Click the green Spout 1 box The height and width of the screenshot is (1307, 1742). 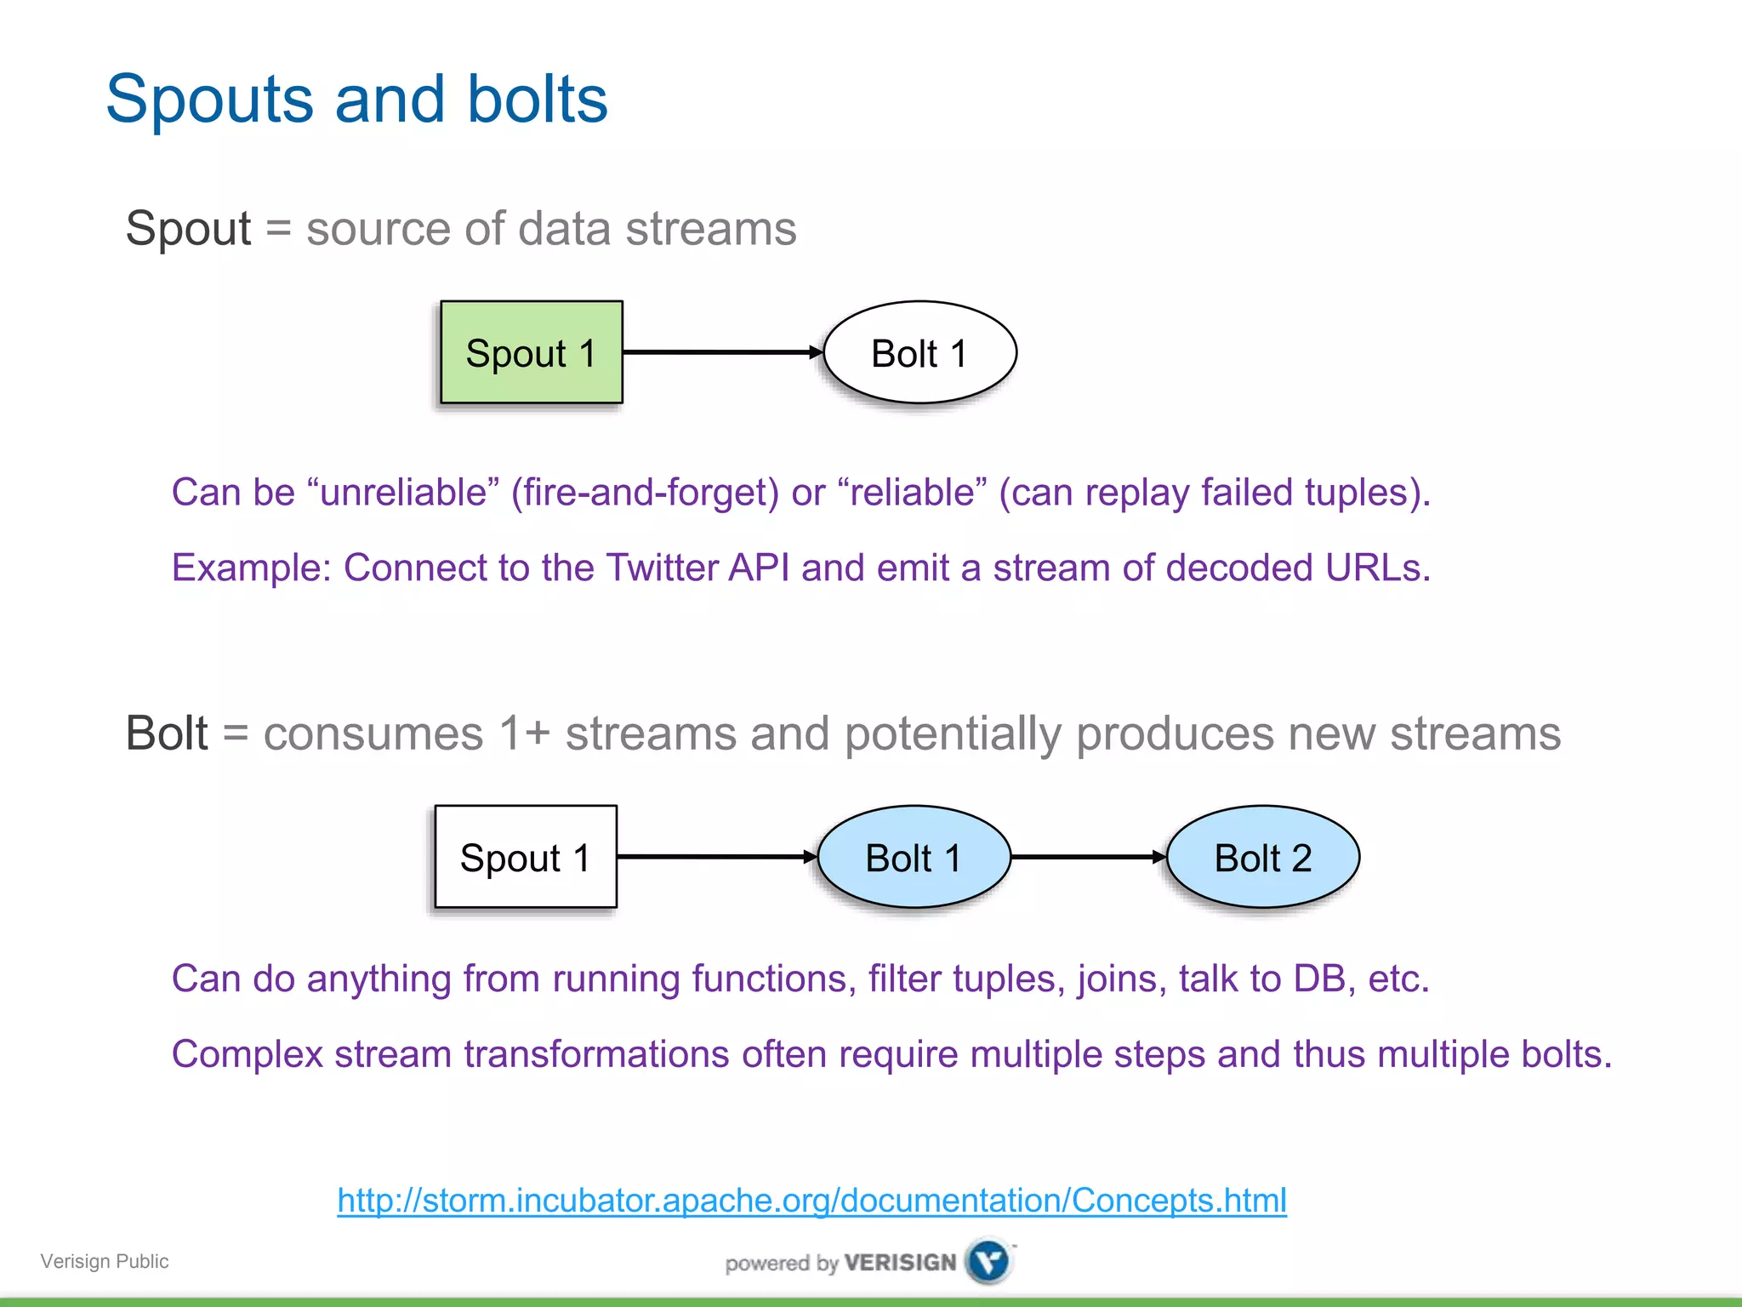532,352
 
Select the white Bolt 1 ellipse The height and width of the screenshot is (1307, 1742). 919,352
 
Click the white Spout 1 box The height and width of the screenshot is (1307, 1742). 526,857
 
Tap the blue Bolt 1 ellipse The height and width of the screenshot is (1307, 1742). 914,857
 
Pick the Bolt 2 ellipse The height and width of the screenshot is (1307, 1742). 1263,857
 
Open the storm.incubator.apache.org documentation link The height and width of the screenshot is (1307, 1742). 811,1201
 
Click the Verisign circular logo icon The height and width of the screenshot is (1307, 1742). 989,1261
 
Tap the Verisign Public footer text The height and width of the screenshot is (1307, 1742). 105,1261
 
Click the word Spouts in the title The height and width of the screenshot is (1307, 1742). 209,100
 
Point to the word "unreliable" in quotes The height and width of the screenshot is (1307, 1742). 404,493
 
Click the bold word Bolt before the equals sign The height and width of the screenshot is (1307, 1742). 167,733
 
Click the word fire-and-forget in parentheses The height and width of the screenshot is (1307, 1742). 645,493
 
